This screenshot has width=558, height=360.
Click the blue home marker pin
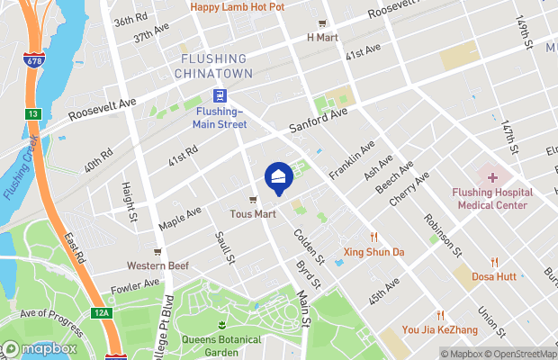[x=277, y=177]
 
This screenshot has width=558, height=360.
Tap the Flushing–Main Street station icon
[x=220, y=96]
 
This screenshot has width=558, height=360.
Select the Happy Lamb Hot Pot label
[x=237, y=7]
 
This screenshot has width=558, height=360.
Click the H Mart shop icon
[x=321, y=23]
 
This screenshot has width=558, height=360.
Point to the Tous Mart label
[x=253, y=214]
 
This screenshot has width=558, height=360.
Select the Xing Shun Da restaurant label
[x=373, y=252]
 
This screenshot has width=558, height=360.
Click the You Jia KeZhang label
[x=441, y=330]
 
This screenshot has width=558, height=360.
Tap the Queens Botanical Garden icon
[x=221, y=323]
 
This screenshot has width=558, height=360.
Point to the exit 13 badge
[x=32, y=114]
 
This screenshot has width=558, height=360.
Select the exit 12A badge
[x=103, y=312]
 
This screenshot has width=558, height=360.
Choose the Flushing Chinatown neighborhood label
[x=213, y=65]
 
